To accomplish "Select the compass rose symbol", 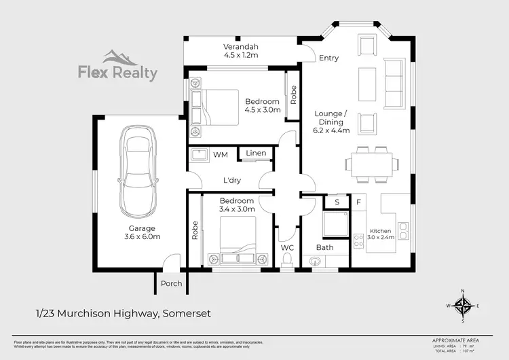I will click(x=463, y=306).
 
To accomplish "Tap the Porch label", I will click(x=171, y=283).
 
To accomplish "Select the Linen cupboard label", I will click(x=255, y=154).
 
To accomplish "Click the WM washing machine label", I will click(x=220, y=155).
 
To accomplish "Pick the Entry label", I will click(x=328, y=58).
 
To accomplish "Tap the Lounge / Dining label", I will click(x=331, y=122).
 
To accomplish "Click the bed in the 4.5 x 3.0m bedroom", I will click(x=215, y=107).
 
